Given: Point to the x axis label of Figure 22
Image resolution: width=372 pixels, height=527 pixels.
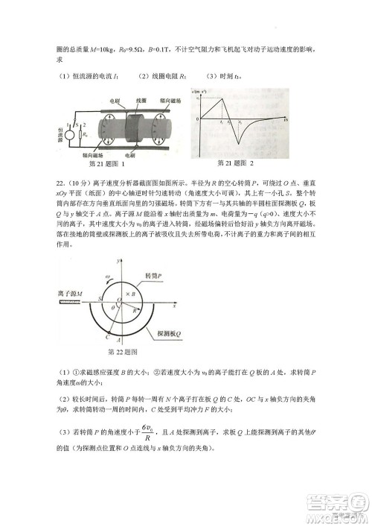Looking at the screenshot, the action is pyautogui.click(x=173, y=305).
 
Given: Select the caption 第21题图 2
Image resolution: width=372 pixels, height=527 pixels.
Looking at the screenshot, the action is pyautogui.click(x=234, y=163).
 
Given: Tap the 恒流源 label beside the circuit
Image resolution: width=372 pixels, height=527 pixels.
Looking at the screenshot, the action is pyautogui.click(x=50, y=133).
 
